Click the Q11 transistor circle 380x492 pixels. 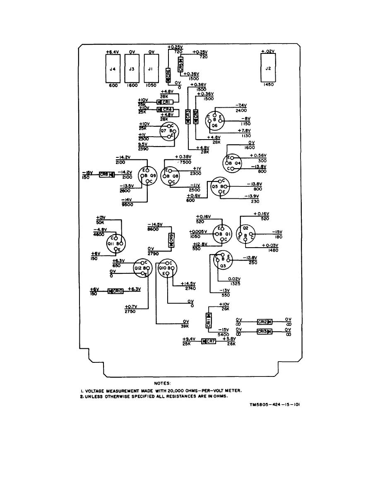tap(115, 243)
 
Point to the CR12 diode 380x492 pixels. tap(264, 322)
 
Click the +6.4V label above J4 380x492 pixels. tap(112, 52)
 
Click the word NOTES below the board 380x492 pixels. tap(162, 383)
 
